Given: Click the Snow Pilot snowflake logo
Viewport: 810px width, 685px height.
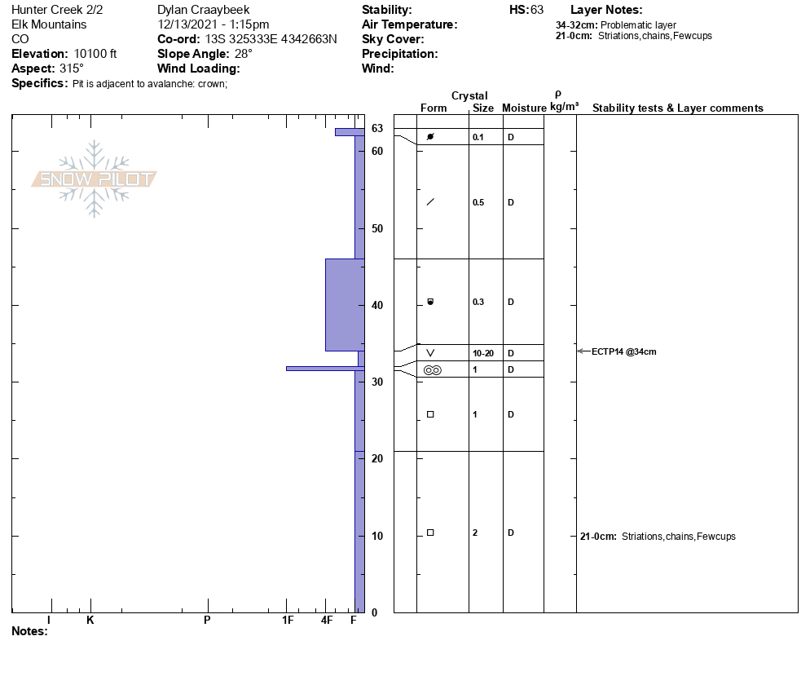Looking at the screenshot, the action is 94,179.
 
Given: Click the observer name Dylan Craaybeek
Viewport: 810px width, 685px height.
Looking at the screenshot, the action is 204,10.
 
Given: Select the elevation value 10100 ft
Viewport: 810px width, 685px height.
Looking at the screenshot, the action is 95,54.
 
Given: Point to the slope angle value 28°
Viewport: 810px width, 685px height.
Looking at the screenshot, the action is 244,54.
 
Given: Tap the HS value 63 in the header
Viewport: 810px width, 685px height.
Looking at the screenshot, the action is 537,10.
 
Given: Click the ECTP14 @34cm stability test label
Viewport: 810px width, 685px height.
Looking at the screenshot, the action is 623,351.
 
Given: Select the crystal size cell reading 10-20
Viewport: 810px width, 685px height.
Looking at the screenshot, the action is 483,354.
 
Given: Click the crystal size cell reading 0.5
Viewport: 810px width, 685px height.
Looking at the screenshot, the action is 478,203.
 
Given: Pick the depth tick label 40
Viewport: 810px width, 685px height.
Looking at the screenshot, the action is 377,305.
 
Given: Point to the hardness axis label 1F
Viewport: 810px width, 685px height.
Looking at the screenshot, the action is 288,620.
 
